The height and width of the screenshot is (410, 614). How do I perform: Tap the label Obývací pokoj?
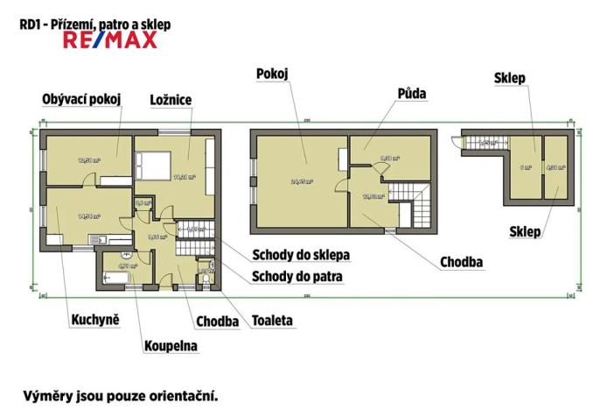pyautogui.click(x=80, y=99)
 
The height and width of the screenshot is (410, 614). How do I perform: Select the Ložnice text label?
pyautogui.click(x=171, y=99)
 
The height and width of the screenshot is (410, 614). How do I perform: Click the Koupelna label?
pyautogui.click(x=171, y=346)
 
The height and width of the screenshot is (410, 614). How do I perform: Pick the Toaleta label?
pyautogui.click(x=272, y=321)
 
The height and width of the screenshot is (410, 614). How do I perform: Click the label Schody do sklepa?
pyautogui.click(x=301, y=256)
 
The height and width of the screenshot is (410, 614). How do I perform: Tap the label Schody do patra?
pyautogui.click(x=297, y=277)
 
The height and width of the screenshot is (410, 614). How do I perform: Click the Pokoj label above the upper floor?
pyautogui.click(x=273, y=74)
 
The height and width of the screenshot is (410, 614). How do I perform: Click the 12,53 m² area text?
pyautogui.click(x=88, y=160)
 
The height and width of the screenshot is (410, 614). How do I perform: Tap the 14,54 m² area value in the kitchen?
pyautogui.click(x=88, y=216)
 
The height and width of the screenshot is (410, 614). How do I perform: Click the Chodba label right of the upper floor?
pyautogui.click(x=463, y=261)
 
